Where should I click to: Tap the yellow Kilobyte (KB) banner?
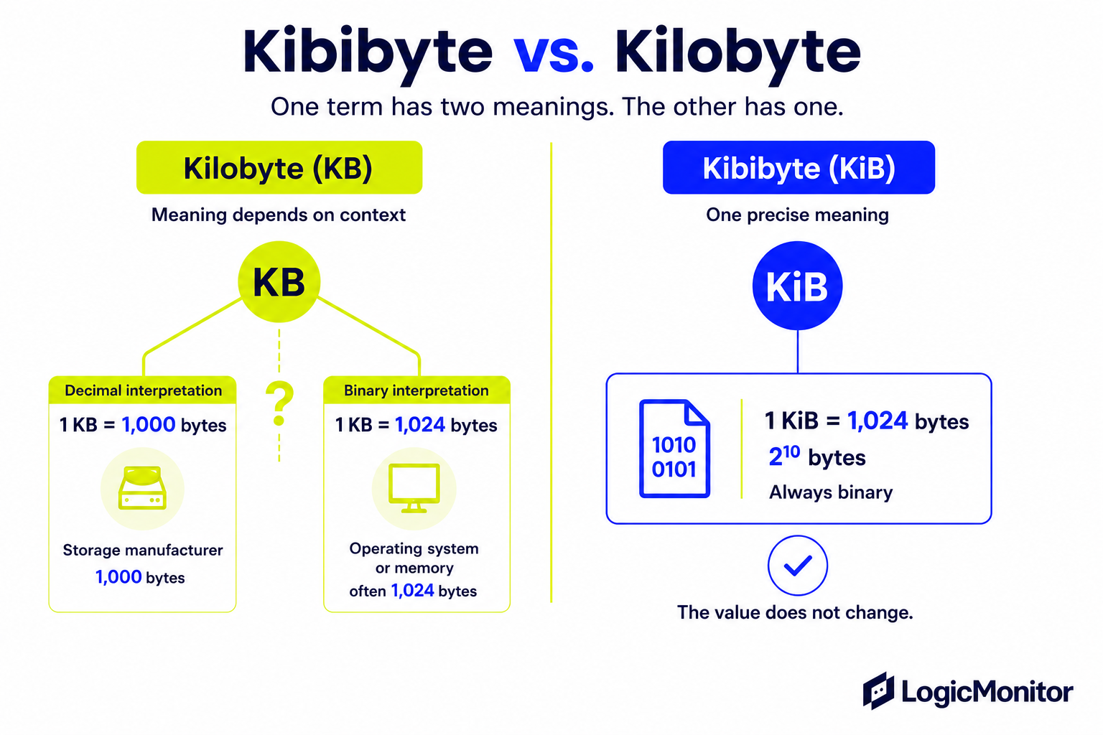(279, 167)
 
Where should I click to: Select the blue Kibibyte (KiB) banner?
(799, 167)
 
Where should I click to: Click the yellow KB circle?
(279, 281)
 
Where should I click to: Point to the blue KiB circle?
(797, 286)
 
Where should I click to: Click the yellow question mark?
(279, 403)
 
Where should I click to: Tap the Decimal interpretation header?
(143, 390)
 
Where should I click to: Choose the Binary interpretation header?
(416, 390)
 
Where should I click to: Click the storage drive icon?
(142, 488)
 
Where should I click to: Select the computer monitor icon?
(414, 488)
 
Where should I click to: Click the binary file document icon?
(674, 449)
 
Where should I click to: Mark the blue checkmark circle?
(798, 565)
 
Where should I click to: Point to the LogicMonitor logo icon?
(878, 690)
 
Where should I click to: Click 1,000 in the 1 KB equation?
(148, 424)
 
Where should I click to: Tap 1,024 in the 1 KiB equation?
(877, 421)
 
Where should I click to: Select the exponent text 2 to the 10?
(784, 455)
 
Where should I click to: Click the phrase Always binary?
(831, 492)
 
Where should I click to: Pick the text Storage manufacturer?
(143, 550)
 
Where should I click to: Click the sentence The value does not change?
(795, 612)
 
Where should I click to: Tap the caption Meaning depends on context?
(279, 215)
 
